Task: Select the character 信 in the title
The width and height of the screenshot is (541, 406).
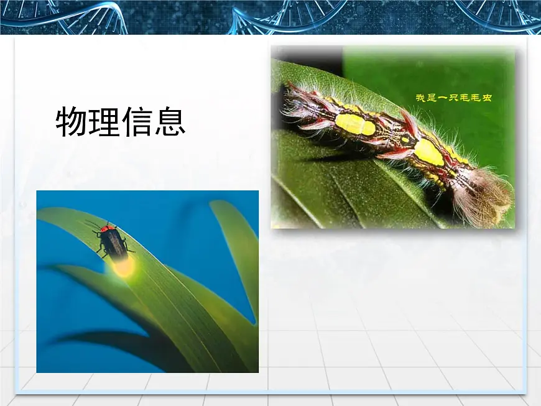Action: point(137,122)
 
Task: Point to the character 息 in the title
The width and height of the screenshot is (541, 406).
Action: point(170,122)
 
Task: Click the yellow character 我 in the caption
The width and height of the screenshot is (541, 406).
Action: point(421,98)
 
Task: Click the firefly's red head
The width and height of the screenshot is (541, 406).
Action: point(108,229)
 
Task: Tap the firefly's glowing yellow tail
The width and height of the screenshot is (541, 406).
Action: point(123,267)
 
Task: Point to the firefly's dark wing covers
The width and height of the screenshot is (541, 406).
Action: point(115,245)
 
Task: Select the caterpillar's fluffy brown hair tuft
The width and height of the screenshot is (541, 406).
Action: point(482,196)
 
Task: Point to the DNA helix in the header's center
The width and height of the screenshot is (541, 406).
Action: point(280,17)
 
